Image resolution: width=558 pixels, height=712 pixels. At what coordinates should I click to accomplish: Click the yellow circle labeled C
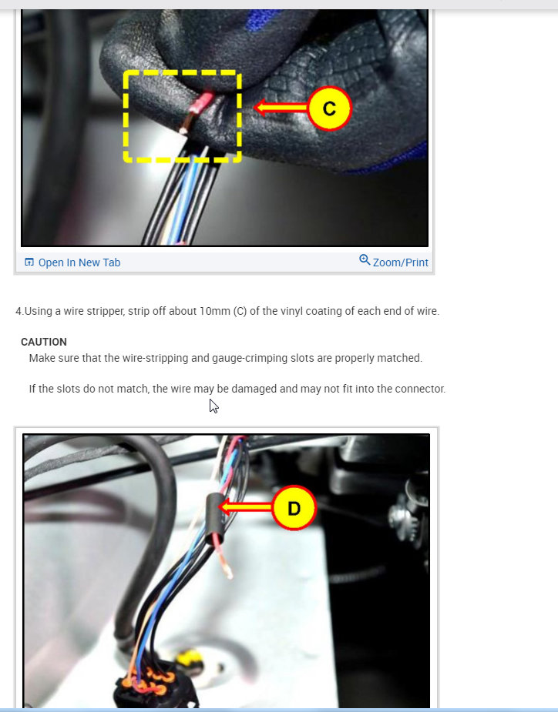coord(329,109)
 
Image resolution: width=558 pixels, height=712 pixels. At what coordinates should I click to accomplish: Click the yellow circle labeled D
coord(294,507)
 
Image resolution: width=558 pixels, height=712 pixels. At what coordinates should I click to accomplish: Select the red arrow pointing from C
coord(281,109)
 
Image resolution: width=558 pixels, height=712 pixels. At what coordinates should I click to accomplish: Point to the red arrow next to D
coord(245,506)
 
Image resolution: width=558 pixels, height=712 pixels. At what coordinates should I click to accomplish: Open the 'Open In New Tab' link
coord(79,262)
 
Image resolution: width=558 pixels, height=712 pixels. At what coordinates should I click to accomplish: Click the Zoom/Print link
coord(400,262)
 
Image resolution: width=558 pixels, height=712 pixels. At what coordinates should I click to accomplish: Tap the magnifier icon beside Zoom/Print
coord(365,260)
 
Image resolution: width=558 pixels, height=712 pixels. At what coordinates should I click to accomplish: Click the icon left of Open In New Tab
coord(29,262)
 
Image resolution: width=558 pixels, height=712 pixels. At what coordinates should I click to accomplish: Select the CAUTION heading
coord(44,342)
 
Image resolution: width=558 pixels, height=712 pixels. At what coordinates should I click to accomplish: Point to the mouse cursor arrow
coord(213,406)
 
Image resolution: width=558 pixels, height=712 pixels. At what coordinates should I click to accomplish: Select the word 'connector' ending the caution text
coord(419,389)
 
